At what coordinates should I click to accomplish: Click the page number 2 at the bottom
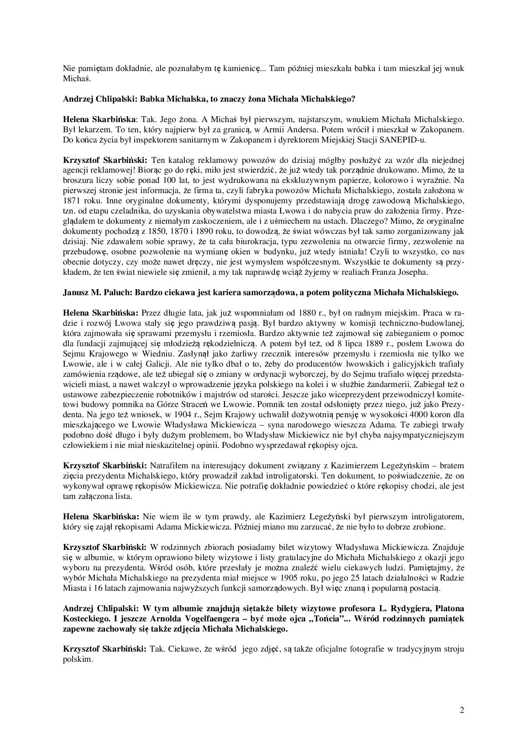pos(462,710)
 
